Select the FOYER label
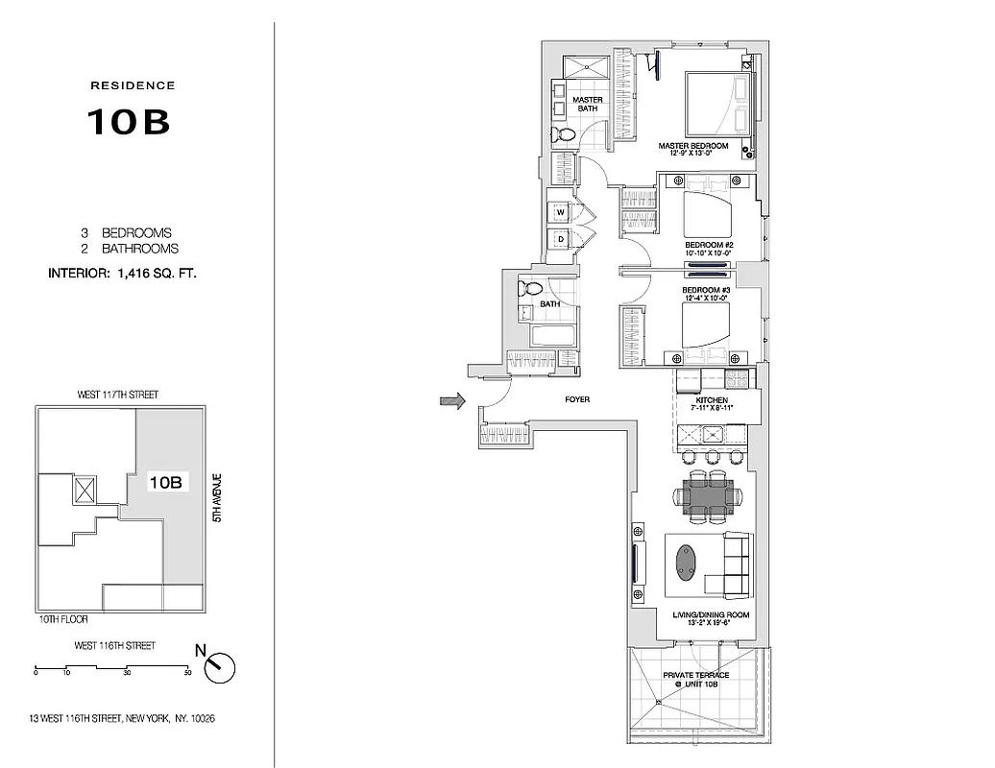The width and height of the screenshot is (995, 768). click(x=577, y=399)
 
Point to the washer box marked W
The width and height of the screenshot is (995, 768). click(x=560, y=211)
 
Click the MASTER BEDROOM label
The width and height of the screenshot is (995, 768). click(x=693, y=147)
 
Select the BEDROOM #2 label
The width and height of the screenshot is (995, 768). click(x=709, y=245)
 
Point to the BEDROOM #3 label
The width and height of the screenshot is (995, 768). click(x=706, y=290)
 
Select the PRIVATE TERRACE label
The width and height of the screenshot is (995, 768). click(x=696, y=675)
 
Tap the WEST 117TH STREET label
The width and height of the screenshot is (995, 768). click(x=117, y=395)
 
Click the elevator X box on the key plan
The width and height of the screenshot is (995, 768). click(x=85, y=492)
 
